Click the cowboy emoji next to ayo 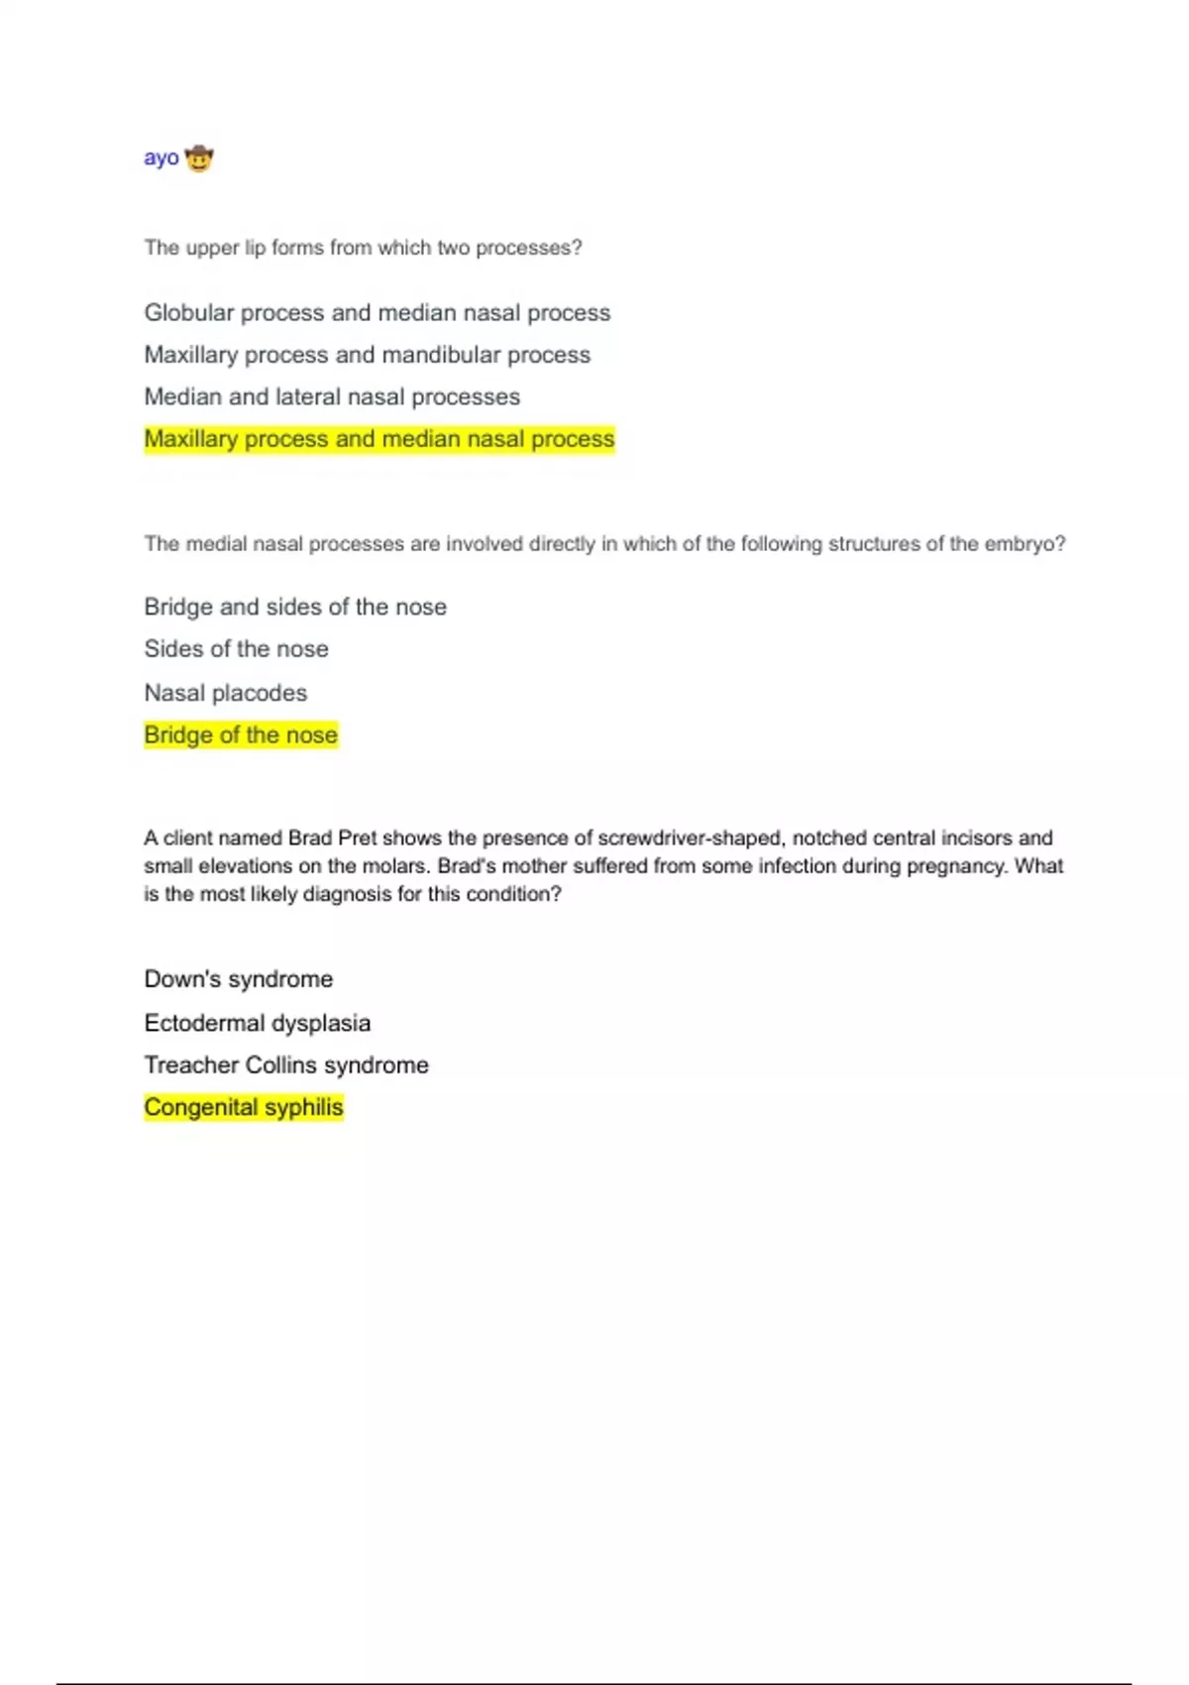(x=199, y=159)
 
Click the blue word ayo (x=162, y=159)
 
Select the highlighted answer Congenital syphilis (x=244, y=1107)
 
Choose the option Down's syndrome (x=239, y=979)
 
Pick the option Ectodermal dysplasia (x=258, y=1023)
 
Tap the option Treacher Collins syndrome (x=286, y=1066)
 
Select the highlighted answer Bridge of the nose (x=241, y=735)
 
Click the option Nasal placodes (x=226, y=693)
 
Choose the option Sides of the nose (x=237, y=649)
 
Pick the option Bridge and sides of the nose (x=295, y=607)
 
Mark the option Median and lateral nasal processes (x=332, y=396)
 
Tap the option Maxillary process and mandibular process (x=368, y=355)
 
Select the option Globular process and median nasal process (x=378, y=313)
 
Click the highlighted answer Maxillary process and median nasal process (x=379, y=439)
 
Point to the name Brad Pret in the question (x=332, y=839)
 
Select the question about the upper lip (x=363, y=248)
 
